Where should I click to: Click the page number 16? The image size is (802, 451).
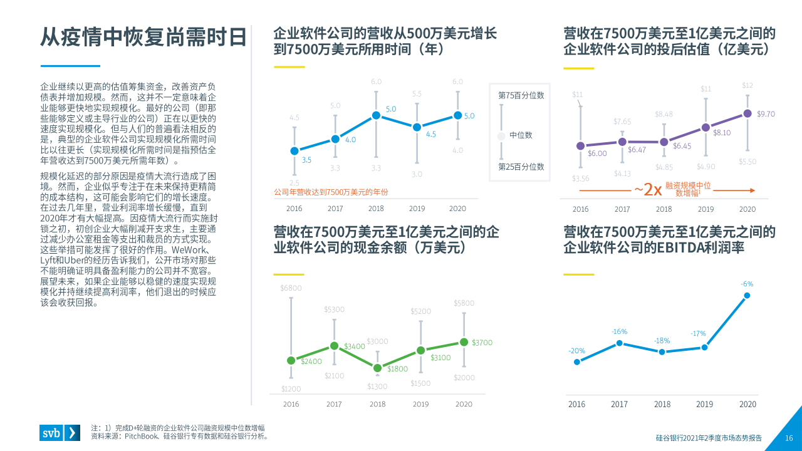(789, 438)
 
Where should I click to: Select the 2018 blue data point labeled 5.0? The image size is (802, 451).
(376, 115)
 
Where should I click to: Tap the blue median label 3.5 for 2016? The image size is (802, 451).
(306, 160)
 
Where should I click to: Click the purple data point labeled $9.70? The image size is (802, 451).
(747, 113)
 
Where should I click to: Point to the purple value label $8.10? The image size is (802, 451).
(722, 133)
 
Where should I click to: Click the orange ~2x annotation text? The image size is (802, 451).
(647, 189)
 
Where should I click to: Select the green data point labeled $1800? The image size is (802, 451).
(377, 368)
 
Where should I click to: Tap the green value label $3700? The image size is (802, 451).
(482, 343)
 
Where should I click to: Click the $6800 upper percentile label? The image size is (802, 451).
(291, 288)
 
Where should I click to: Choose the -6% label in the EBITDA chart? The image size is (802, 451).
(747, 284)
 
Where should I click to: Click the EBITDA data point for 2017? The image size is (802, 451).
(619, 343)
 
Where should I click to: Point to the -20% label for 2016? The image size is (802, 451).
(576, 351)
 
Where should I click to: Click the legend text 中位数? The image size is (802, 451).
(521, 135)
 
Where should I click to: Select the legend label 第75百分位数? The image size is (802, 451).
(521, 96)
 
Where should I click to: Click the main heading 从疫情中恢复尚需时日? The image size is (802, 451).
(143, 38)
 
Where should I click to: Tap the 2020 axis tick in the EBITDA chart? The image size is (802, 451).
(747, 405)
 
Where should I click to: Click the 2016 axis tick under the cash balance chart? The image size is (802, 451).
(291, 405)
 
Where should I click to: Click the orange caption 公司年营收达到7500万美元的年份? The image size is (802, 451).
(331, 192)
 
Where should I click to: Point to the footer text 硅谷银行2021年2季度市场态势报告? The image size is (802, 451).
(709, 438)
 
